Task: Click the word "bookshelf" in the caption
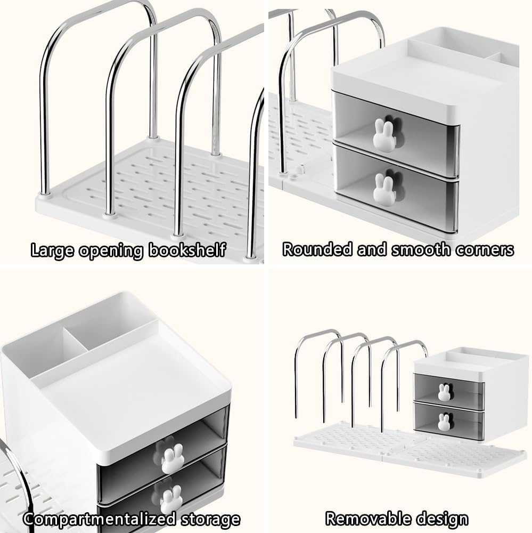187,250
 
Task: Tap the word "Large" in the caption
52,251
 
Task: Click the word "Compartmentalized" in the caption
100,519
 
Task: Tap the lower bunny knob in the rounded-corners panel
384,190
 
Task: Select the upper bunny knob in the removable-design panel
444,392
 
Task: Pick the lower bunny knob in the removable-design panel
444,422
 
